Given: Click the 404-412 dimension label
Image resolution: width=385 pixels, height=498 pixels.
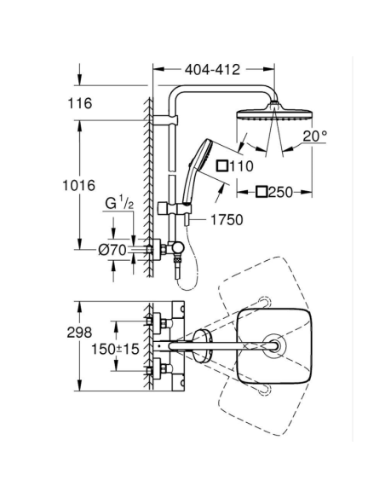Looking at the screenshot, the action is [x=212, y=70].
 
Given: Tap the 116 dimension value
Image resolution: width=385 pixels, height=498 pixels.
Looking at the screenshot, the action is [x=80, y=103].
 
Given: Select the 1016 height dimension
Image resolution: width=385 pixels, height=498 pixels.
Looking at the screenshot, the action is [x=78, y=185].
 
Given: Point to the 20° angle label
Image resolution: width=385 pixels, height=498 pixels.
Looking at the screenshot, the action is [x=314, y=136].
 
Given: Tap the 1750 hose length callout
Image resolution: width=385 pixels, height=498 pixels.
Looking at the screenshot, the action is [x=227, y=220].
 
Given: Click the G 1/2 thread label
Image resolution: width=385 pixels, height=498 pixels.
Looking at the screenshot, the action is [x=119, y=203].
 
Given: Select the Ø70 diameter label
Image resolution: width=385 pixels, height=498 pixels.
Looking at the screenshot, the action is [x=112, y=250].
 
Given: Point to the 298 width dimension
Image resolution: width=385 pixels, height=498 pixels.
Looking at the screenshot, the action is [x=79, y=333].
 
